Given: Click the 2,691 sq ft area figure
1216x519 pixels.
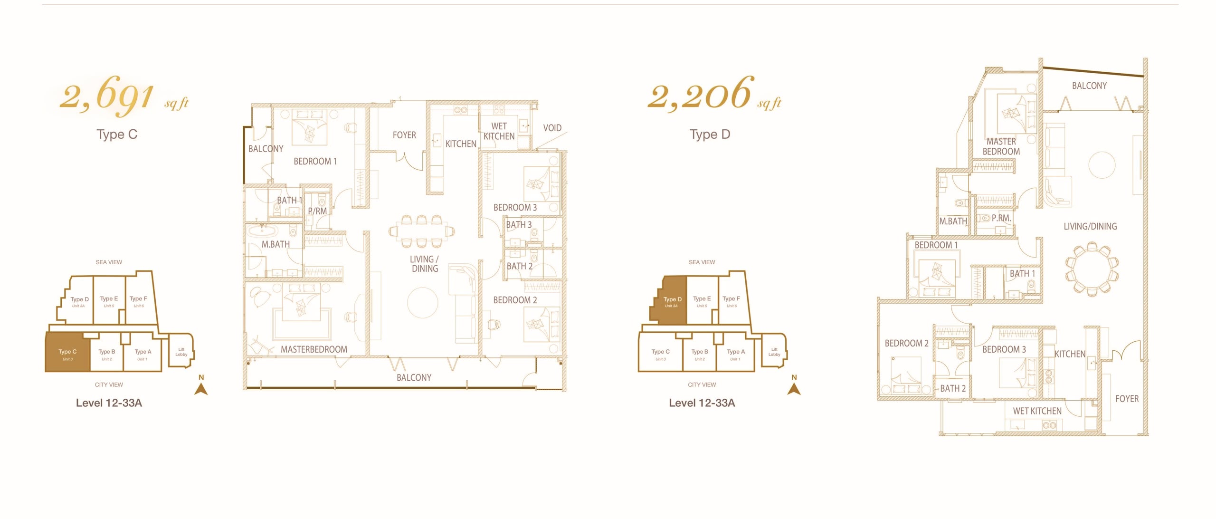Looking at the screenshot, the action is coord(124,98).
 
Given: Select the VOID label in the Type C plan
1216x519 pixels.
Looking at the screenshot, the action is coord(552,128).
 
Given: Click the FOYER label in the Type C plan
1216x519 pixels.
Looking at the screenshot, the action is coord(404,135).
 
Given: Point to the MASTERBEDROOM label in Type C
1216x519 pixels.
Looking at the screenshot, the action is coord(314,349).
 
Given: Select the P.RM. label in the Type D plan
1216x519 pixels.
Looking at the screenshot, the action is coord(1001,218).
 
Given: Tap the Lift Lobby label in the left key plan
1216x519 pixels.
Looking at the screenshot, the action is coord(181,352).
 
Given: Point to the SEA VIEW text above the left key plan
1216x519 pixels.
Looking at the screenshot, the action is coord(109,262).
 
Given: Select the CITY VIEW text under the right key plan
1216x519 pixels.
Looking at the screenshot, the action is coord(702,384).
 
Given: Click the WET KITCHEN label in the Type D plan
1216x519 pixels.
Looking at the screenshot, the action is coord(1037,411).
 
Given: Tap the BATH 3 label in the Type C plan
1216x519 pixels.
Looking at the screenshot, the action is coord(519,225).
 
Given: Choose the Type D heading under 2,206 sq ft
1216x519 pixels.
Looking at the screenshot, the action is coord(710,135).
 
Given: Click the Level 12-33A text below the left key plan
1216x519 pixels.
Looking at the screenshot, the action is coord(109,403).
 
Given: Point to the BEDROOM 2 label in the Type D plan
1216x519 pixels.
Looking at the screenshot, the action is coord(906,343).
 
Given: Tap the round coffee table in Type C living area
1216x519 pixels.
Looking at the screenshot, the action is coord(423,303).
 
